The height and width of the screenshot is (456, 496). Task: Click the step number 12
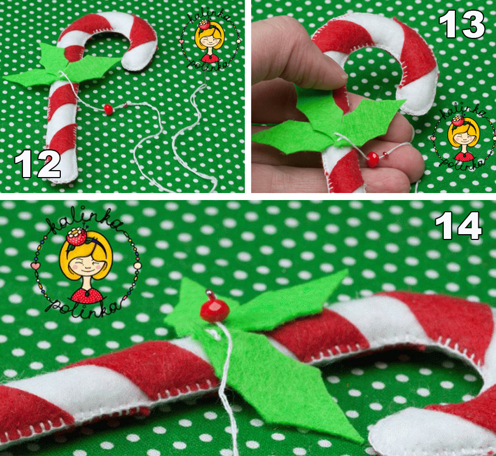click(x=37, y=164)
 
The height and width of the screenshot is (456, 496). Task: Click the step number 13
click(x=461, y=25)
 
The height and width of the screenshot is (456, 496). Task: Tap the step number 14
click(x=458, y=226)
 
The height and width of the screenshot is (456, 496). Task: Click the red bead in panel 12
click(x=108, y=109)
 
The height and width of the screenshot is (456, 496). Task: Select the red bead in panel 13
click(x=373, y=159)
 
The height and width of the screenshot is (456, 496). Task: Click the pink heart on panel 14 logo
click(x=35, y=266)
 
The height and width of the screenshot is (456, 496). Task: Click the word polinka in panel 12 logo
click(x=207, y=64)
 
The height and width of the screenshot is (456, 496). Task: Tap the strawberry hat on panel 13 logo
click(x=458, y=120)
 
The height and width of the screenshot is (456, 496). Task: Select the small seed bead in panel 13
click(x=386, y=154)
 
